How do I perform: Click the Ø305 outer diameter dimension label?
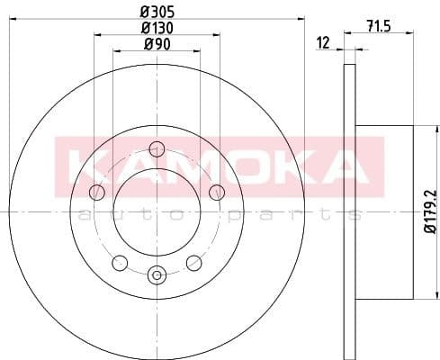[157, 13]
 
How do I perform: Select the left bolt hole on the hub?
[97, 192]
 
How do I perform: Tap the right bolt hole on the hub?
[216, 192]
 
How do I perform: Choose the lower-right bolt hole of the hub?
[193, 262]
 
